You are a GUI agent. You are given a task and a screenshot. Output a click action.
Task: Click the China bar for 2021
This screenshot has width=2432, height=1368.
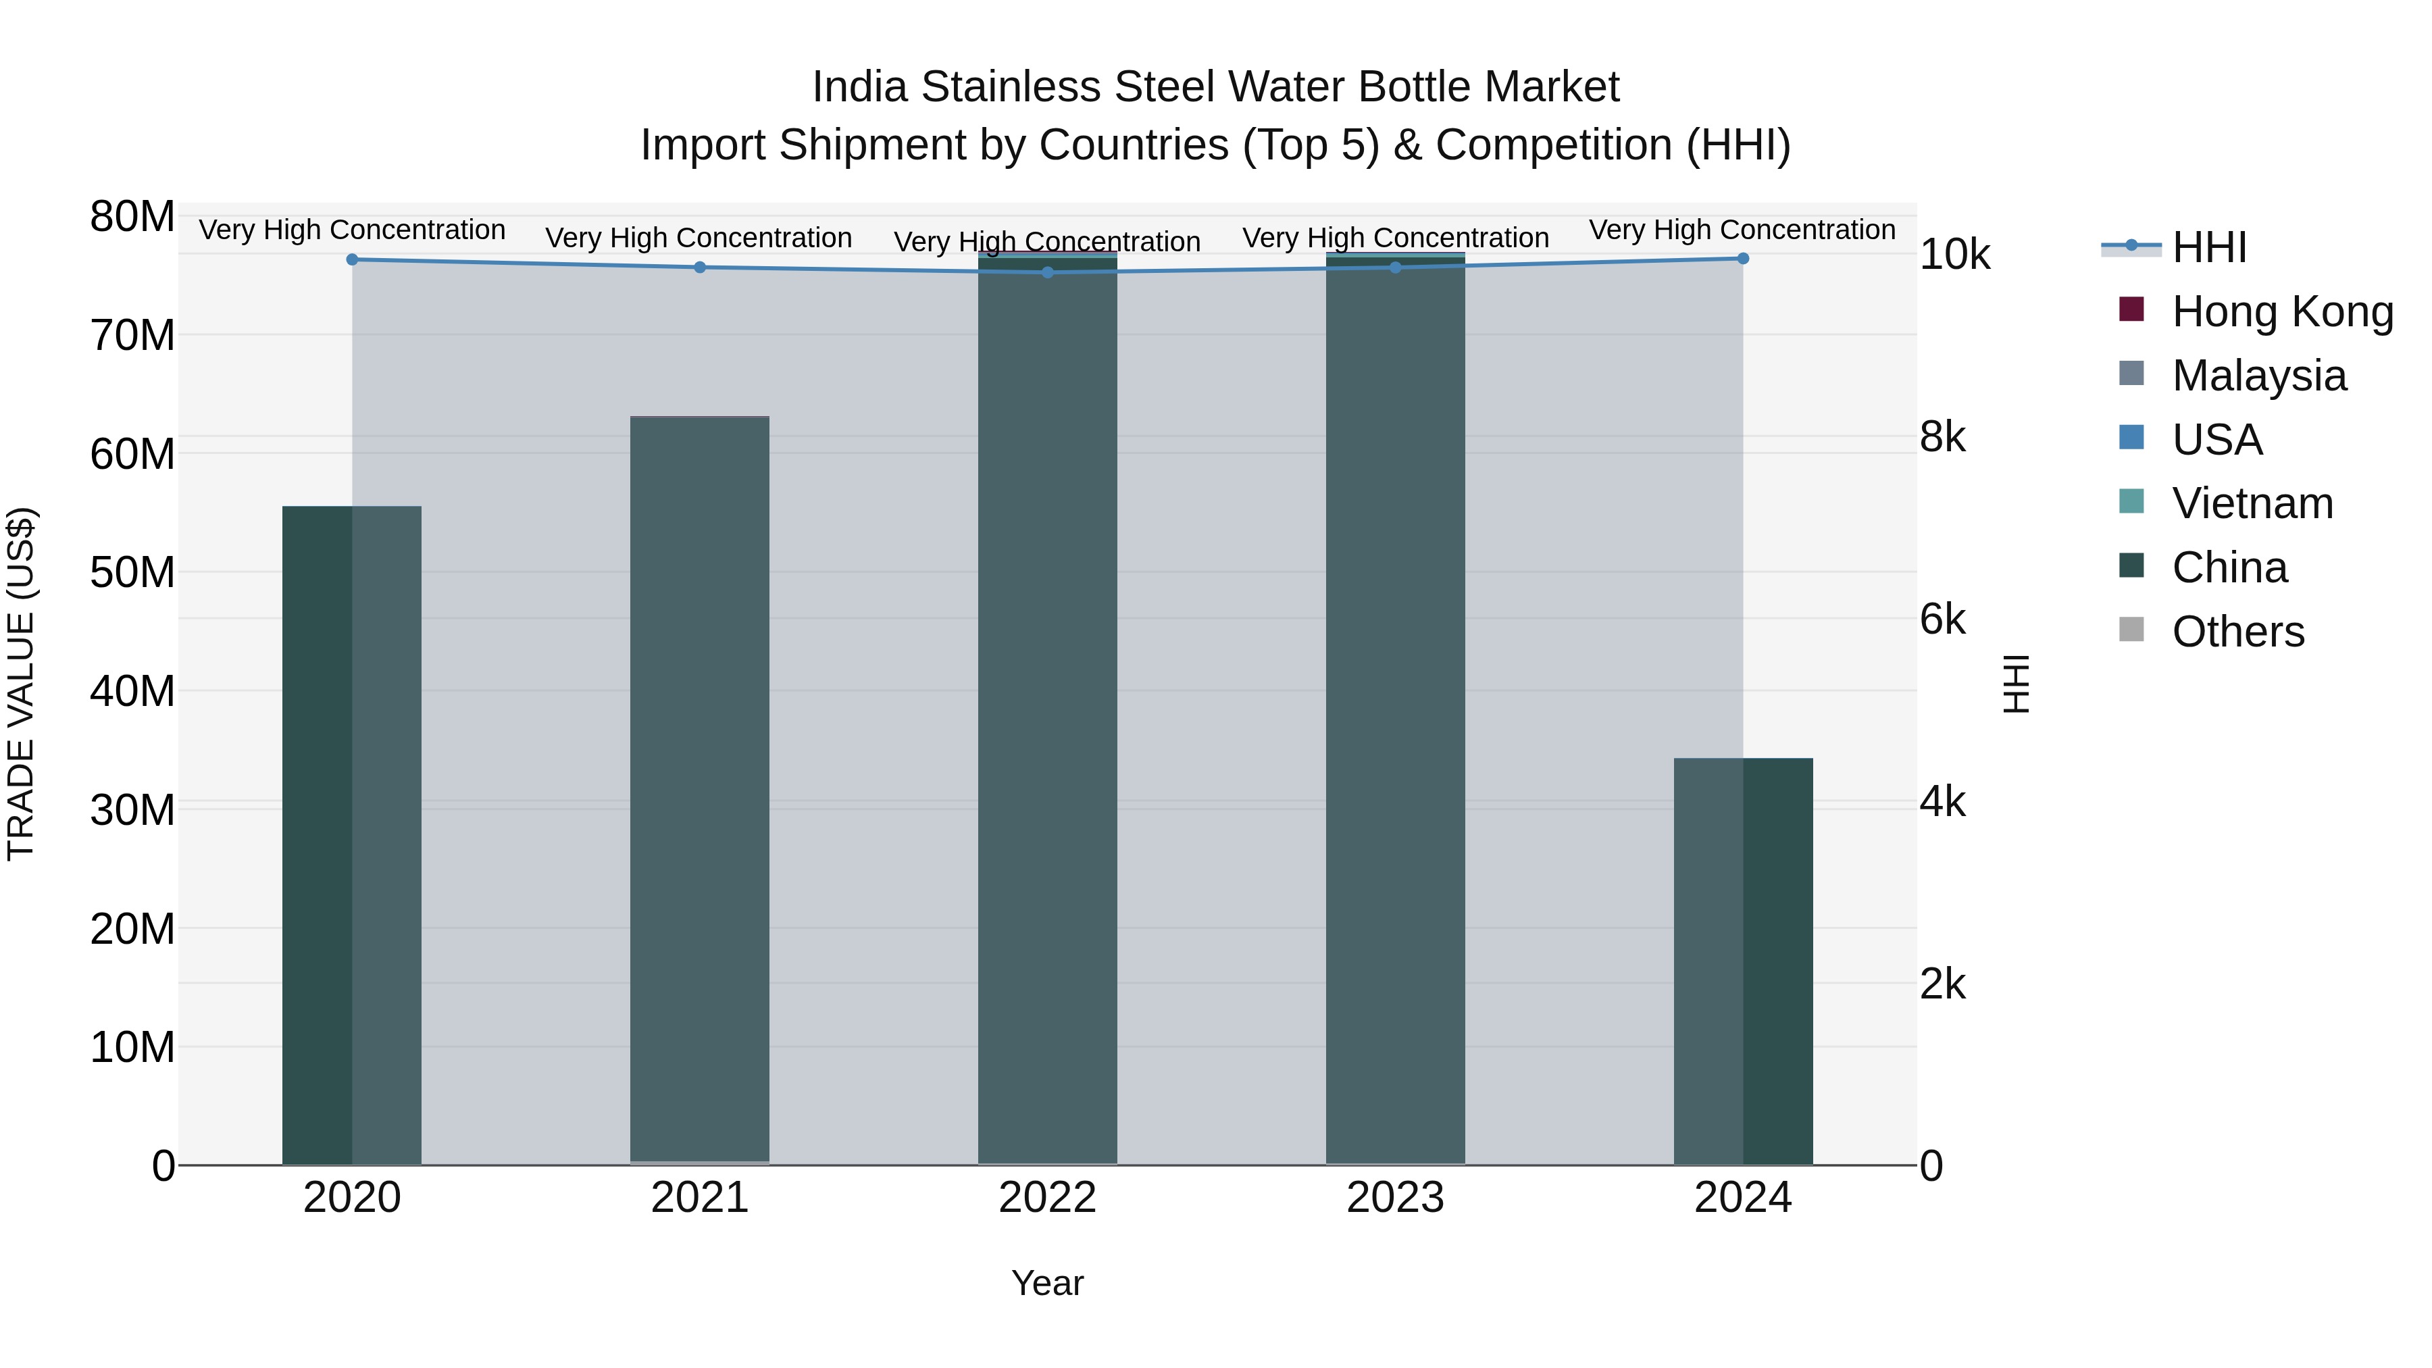(x=700, y=789)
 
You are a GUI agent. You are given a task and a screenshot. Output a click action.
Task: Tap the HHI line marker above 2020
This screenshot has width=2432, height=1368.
(x=352, y=259)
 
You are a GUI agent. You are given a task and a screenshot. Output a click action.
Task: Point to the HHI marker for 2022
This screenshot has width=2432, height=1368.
(x=1047, y=273)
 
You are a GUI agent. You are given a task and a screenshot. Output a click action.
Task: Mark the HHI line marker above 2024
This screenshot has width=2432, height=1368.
(x=1743, y=259)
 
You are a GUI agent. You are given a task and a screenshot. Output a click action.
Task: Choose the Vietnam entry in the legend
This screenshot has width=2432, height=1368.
(x=2252, y=503)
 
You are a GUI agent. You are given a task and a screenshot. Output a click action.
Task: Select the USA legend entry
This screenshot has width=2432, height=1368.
(x=2216, y=440)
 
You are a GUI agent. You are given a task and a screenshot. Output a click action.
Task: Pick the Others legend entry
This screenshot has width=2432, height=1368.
(x=2237, y=632)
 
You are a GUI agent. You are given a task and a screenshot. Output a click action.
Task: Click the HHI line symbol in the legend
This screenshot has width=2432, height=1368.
(x=2131, y=247)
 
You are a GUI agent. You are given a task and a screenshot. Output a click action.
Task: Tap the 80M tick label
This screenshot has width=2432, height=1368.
(x=132, y=217)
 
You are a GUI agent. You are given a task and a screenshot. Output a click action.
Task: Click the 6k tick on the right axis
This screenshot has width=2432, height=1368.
(x=1943, y=620)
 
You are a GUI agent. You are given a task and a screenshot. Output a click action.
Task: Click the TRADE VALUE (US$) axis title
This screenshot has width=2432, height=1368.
(x=21, y=684)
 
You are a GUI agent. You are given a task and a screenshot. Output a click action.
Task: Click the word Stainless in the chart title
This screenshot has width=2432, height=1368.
(x=1010, y=87)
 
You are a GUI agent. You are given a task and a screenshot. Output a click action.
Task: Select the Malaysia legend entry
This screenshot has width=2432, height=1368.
(x=2258, y=376)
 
